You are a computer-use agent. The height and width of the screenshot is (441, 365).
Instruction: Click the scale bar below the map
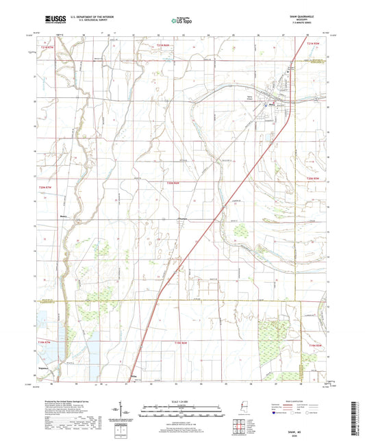point(181,399)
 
